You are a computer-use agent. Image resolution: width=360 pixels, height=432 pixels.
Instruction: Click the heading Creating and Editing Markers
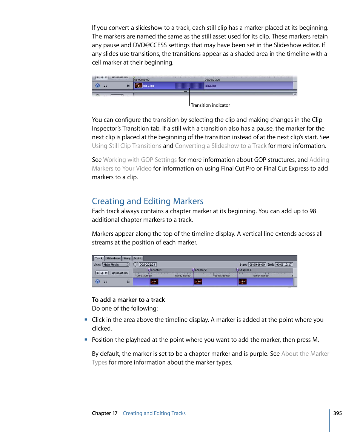point(148,201)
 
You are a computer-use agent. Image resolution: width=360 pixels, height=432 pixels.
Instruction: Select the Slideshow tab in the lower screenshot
point(113,258)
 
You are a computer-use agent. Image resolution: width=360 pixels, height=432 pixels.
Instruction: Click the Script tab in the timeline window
point(138,258)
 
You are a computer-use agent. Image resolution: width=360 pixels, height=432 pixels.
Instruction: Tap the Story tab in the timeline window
point(126,258)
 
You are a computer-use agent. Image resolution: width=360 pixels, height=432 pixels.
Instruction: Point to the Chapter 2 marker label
point(200,270)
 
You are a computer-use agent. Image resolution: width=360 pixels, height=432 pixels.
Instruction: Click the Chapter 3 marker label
point(245,270)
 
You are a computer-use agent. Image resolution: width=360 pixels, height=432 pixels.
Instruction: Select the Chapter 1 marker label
point(156,270)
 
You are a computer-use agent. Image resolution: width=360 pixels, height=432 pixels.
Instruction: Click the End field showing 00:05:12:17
point(283,264)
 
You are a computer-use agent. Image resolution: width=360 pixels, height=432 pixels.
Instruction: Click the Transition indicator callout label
point(210,105)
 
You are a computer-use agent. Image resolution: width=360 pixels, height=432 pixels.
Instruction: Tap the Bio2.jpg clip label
point(210,86)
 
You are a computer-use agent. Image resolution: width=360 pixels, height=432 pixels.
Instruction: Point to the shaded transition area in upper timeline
point(186,86)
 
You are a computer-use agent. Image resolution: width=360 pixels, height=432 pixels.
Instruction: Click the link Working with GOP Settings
point(140,160)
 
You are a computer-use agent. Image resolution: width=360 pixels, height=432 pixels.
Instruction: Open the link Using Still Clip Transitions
point(126,146)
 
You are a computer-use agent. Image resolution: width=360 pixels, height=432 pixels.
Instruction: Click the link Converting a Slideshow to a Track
point(220,146)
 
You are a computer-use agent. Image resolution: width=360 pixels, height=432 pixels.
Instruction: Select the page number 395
point(337,413)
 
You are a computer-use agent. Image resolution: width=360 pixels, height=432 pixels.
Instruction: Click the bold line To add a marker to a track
point(128,300)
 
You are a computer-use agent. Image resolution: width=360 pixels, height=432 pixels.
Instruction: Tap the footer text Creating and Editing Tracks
point(154,413)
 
